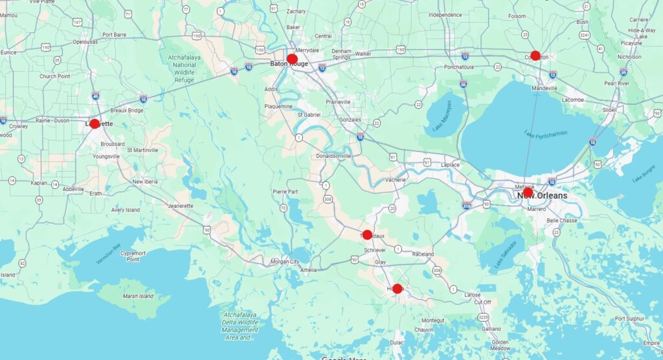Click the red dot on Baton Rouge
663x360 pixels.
[292, 59]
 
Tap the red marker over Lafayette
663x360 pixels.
[95, 124]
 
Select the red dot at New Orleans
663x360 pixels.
[528, 192]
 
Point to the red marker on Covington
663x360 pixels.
[535, 56]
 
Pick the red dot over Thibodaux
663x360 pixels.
[367, 234]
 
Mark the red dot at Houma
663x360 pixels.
[398, 288]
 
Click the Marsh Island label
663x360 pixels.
[138, 297]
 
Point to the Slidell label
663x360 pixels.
[609, 110]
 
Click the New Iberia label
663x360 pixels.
[147, 181]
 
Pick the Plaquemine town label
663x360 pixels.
[278, 106]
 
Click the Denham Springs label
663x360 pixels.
[341, 54]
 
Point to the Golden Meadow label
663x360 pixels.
[500, 344]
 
